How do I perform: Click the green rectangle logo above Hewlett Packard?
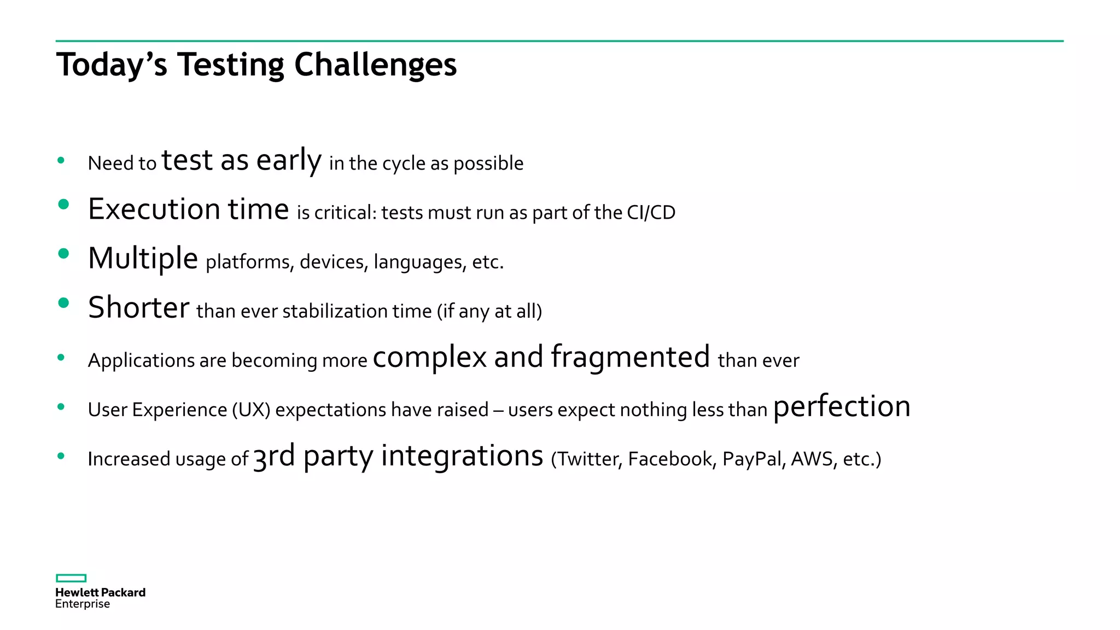(71, 578)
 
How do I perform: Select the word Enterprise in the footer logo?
(83, 604)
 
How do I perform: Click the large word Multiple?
(143, 258)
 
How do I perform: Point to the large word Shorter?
(138, 307)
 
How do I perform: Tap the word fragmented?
(630, 358)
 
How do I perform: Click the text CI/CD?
(651, 213)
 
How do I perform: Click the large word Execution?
(154, 209)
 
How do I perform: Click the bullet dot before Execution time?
(63, 205)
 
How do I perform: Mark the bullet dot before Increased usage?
(61, 456)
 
